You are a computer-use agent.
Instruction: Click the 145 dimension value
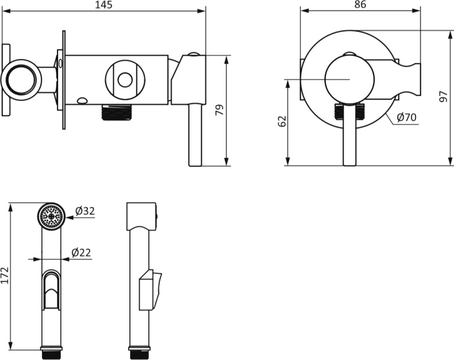(103, 5)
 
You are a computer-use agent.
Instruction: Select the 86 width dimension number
(360, 5)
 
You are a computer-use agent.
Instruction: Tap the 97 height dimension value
(443, 96)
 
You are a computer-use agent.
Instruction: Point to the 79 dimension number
(220, 110)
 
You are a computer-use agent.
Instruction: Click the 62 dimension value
(282, 121)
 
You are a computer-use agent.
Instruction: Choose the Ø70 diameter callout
(407, 117)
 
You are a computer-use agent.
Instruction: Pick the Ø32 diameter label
(85, 211)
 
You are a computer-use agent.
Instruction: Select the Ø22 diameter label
(81, 253)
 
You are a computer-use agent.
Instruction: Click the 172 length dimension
(5, 276)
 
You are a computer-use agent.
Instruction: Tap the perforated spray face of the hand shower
(52, 216)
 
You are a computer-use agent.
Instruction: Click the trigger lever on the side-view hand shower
(150, 290)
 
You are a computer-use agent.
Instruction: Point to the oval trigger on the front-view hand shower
(52, 289)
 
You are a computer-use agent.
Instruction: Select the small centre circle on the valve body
(125, 80)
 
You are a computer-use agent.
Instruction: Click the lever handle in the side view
(195, 135)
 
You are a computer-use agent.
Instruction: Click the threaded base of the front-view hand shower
(52, 353)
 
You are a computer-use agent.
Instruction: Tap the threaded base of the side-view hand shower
(139, 353)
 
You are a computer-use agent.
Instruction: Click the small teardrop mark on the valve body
(83, 100)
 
